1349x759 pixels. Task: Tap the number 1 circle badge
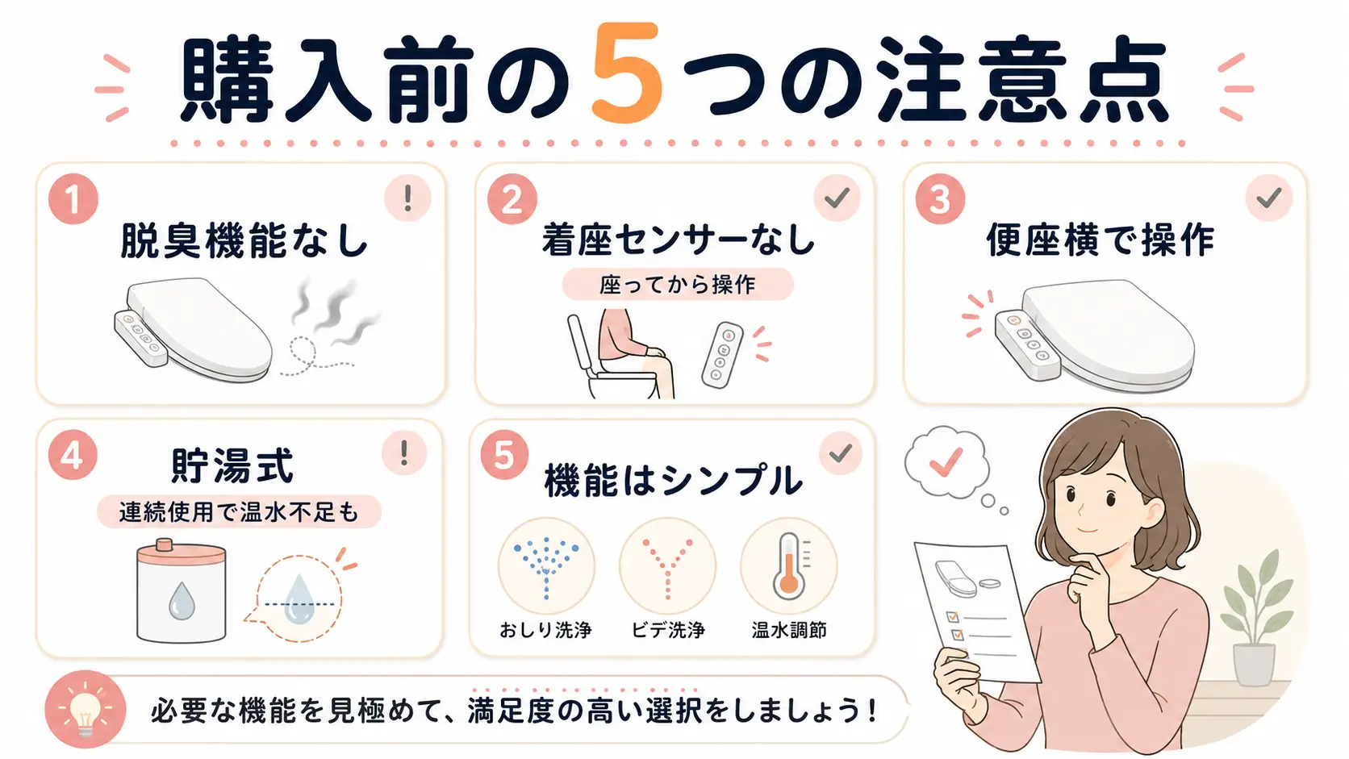[x=73, y=199]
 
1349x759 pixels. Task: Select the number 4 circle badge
[x=73, y=455]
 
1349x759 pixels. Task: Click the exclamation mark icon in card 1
[x=407, y=198]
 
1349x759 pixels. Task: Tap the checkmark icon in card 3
[x=1269, y=198]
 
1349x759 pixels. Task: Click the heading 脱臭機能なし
[x=244, y=241]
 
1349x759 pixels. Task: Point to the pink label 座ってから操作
[x=678, y=284]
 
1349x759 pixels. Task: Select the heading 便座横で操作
[x=1100, y=240]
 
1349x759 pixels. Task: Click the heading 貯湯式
[x=232, y=465]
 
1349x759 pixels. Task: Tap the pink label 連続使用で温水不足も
[x=239, y=512]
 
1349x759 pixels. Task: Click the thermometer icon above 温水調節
[x=788, y=566]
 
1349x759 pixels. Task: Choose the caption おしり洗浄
[x=545, y=630]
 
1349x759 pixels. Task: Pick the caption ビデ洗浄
[x=668, y=630]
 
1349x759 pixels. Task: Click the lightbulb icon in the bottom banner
[x=85, y=711]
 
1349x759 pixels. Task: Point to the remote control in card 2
[x=722, y=355]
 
